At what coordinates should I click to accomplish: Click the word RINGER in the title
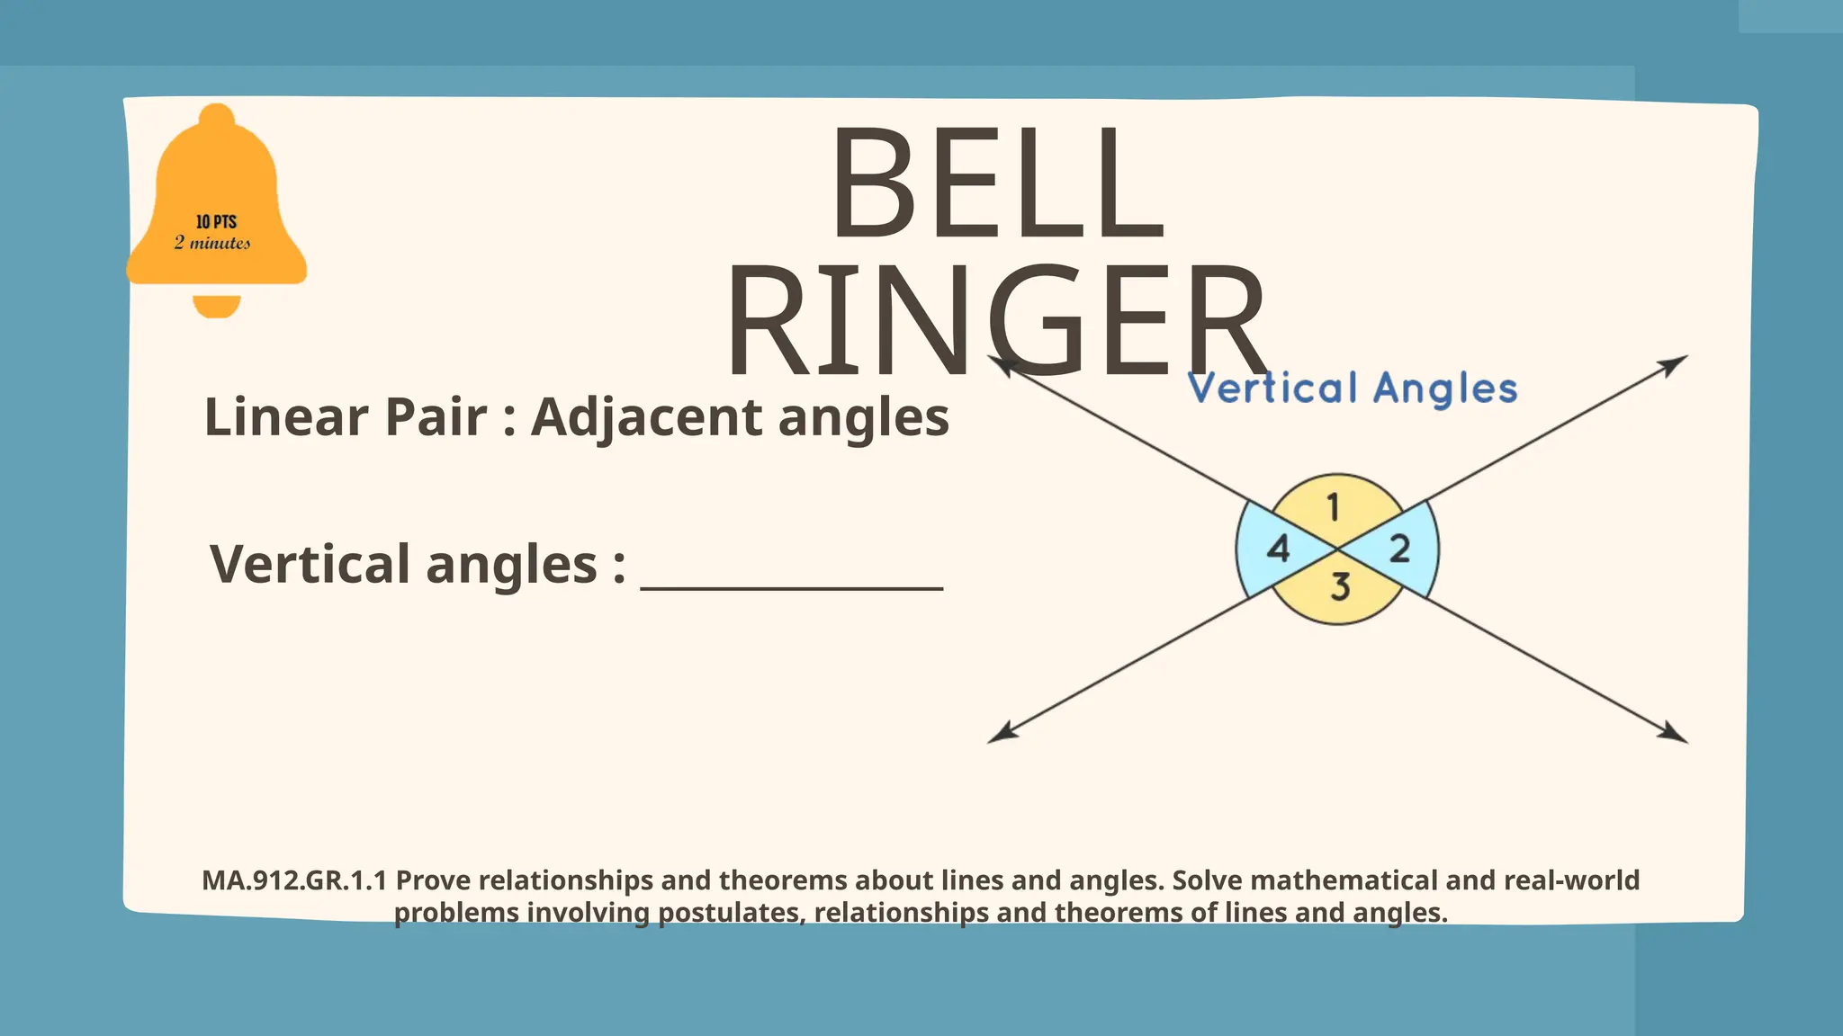997,322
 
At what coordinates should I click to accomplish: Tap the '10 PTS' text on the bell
216,221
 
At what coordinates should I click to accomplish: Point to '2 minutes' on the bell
212,243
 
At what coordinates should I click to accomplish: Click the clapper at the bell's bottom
217,306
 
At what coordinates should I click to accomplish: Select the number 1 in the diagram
1334,508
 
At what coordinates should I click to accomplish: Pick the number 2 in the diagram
1399,549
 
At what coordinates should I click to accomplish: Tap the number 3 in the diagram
1340,587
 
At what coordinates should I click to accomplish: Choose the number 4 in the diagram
1278,549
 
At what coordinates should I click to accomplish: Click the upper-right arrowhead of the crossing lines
1675,363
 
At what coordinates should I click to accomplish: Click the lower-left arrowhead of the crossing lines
1002,735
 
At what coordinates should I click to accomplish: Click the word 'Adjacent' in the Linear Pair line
647,417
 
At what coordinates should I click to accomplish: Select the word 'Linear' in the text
286,417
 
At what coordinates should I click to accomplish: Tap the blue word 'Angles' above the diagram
1445,389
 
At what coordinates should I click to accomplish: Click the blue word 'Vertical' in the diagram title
1272,388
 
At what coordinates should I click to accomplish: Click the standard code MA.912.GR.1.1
294,880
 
